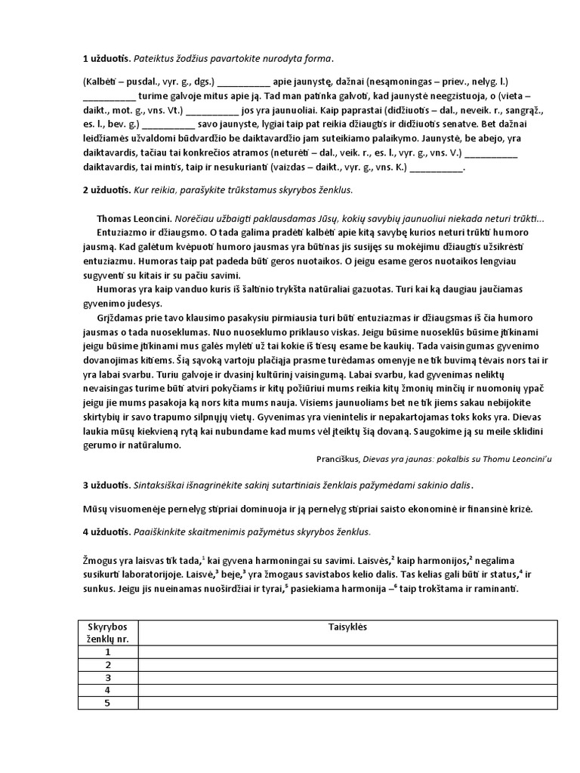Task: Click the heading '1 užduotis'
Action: click(x=106, y=59)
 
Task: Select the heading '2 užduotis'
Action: click(x=106, y=189)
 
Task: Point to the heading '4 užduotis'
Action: click(x=106, y=531)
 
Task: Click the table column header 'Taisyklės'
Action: click(x=347, y=627)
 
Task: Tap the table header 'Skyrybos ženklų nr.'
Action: click(x=108, y=633)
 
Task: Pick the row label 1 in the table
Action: click(x=108, y=652)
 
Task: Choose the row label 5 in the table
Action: click(x=108, y=703)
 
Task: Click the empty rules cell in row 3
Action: click(x=347, y=677)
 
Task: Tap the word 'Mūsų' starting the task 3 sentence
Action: click(x=94, y=508)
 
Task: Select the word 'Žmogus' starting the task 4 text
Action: click(x=100, y=560)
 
